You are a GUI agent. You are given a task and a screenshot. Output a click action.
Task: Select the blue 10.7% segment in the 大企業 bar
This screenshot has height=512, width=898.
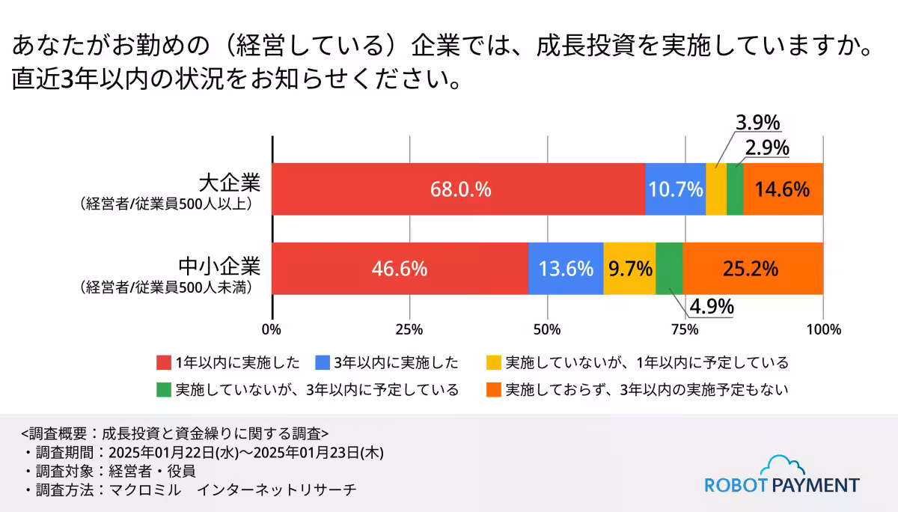(x=676, y=189)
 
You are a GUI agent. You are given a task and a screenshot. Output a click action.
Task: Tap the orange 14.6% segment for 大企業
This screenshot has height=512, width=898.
(x=783, y=189)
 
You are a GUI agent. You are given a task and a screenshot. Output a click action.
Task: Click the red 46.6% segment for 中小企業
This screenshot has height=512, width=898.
(x=400, y=269)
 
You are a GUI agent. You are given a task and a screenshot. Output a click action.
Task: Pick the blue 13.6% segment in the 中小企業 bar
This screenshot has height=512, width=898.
(x=566, y=269)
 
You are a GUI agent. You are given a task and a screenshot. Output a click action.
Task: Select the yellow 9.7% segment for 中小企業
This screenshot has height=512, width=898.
(x=629, y=269)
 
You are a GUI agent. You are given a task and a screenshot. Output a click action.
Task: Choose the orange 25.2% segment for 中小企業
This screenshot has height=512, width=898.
(x=753, y=269)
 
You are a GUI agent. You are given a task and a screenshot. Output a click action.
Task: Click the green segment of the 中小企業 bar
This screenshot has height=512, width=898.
(x=669, y=269)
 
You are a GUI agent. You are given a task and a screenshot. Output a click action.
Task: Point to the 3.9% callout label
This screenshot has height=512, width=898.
(x=758, y=123)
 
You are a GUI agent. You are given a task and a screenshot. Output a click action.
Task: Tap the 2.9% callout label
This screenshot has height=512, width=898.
(x=767, y=148)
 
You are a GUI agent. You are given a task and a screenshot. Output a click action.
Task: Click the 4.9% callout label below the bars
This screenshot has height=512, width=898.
(x=710, y=307)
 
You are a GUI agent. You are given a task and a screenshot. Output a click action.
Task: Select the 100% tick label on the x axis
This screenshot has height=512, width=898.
(x=823, y=329)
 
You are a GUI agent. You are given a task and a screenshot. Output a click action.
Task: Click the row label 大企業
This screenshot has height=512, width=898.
(x=230, y=182)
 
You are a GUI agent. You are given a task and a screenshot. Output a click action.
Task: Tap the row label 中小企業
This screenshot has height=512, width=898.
(x=219, y=265)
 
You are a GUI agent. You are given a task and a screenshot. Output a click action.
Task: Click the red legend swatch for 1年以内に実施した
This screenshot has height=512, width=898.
(x=164, y=363)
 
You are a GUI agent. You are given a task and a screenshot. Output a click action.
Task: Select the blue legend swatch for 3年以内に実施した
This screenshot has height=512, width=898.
(x=323, y=363)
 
